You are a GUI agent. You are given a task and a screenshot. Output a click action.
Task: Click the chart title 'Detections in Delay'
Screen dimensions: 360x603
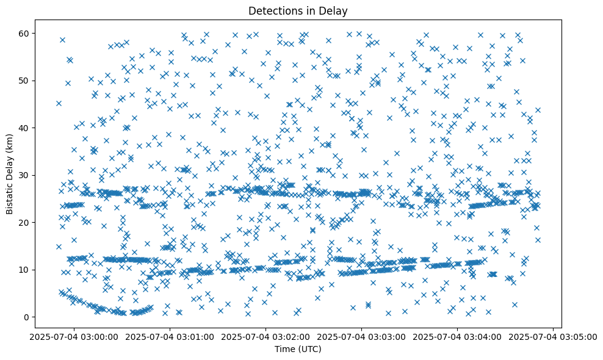pos(301,10)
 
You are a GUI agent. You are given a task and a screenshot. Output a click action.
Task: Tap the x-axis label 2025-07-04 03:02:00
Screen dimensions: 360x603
pos(266,336)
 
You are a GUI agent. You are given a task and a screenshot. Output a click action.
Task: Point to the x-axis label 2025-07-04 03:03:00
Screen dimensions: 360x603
pos(362,336)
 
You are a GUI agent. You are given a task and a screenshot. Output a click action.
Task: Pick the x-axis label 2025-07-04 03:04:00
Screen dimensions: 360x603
pos(458,336)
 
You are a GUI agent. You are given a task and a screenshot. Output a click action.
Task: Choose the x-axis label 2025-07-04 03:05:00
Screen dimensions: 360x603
pos(554,336)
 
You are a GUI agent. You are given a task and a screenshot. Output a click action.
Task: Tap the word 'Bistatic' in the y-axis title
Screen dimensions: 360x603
pos(10,198)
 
